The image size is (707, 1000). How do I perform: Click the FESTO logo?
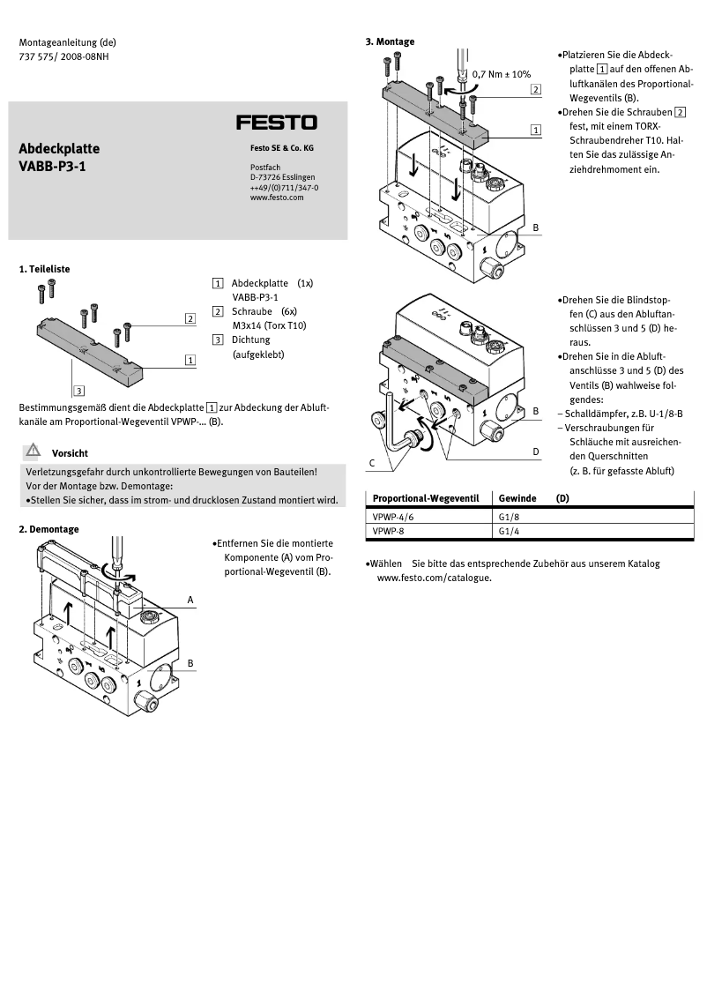(x=276, y=122)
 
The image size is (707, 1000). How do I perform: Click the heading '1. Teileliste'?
(x=44, y=268)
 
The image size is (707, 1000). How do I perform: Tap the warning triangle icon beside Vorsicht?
(x=33, y=451)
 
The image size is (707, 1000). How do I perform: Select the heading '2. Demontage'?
(x=48, y=529)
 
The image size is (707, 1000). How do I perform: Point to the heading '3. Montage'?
(x=389, y=41)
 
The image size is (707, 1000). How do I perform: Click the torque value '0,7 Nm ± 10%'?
(x=501, y=74)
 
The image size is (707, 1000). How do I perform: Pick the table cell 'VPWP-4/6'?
(x=393, y=517)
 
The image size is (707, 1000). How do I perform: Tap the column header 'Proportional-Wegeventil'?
(x=425, y=498)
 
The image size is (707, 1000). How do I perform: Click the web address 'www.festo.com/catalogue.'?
(x=434, y=578)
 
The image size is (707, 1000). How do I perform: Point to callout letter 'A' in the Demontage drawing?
(x=190, y=600)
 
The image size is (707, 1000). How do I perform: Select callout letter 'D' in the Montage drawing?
(x=535, y=451)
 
